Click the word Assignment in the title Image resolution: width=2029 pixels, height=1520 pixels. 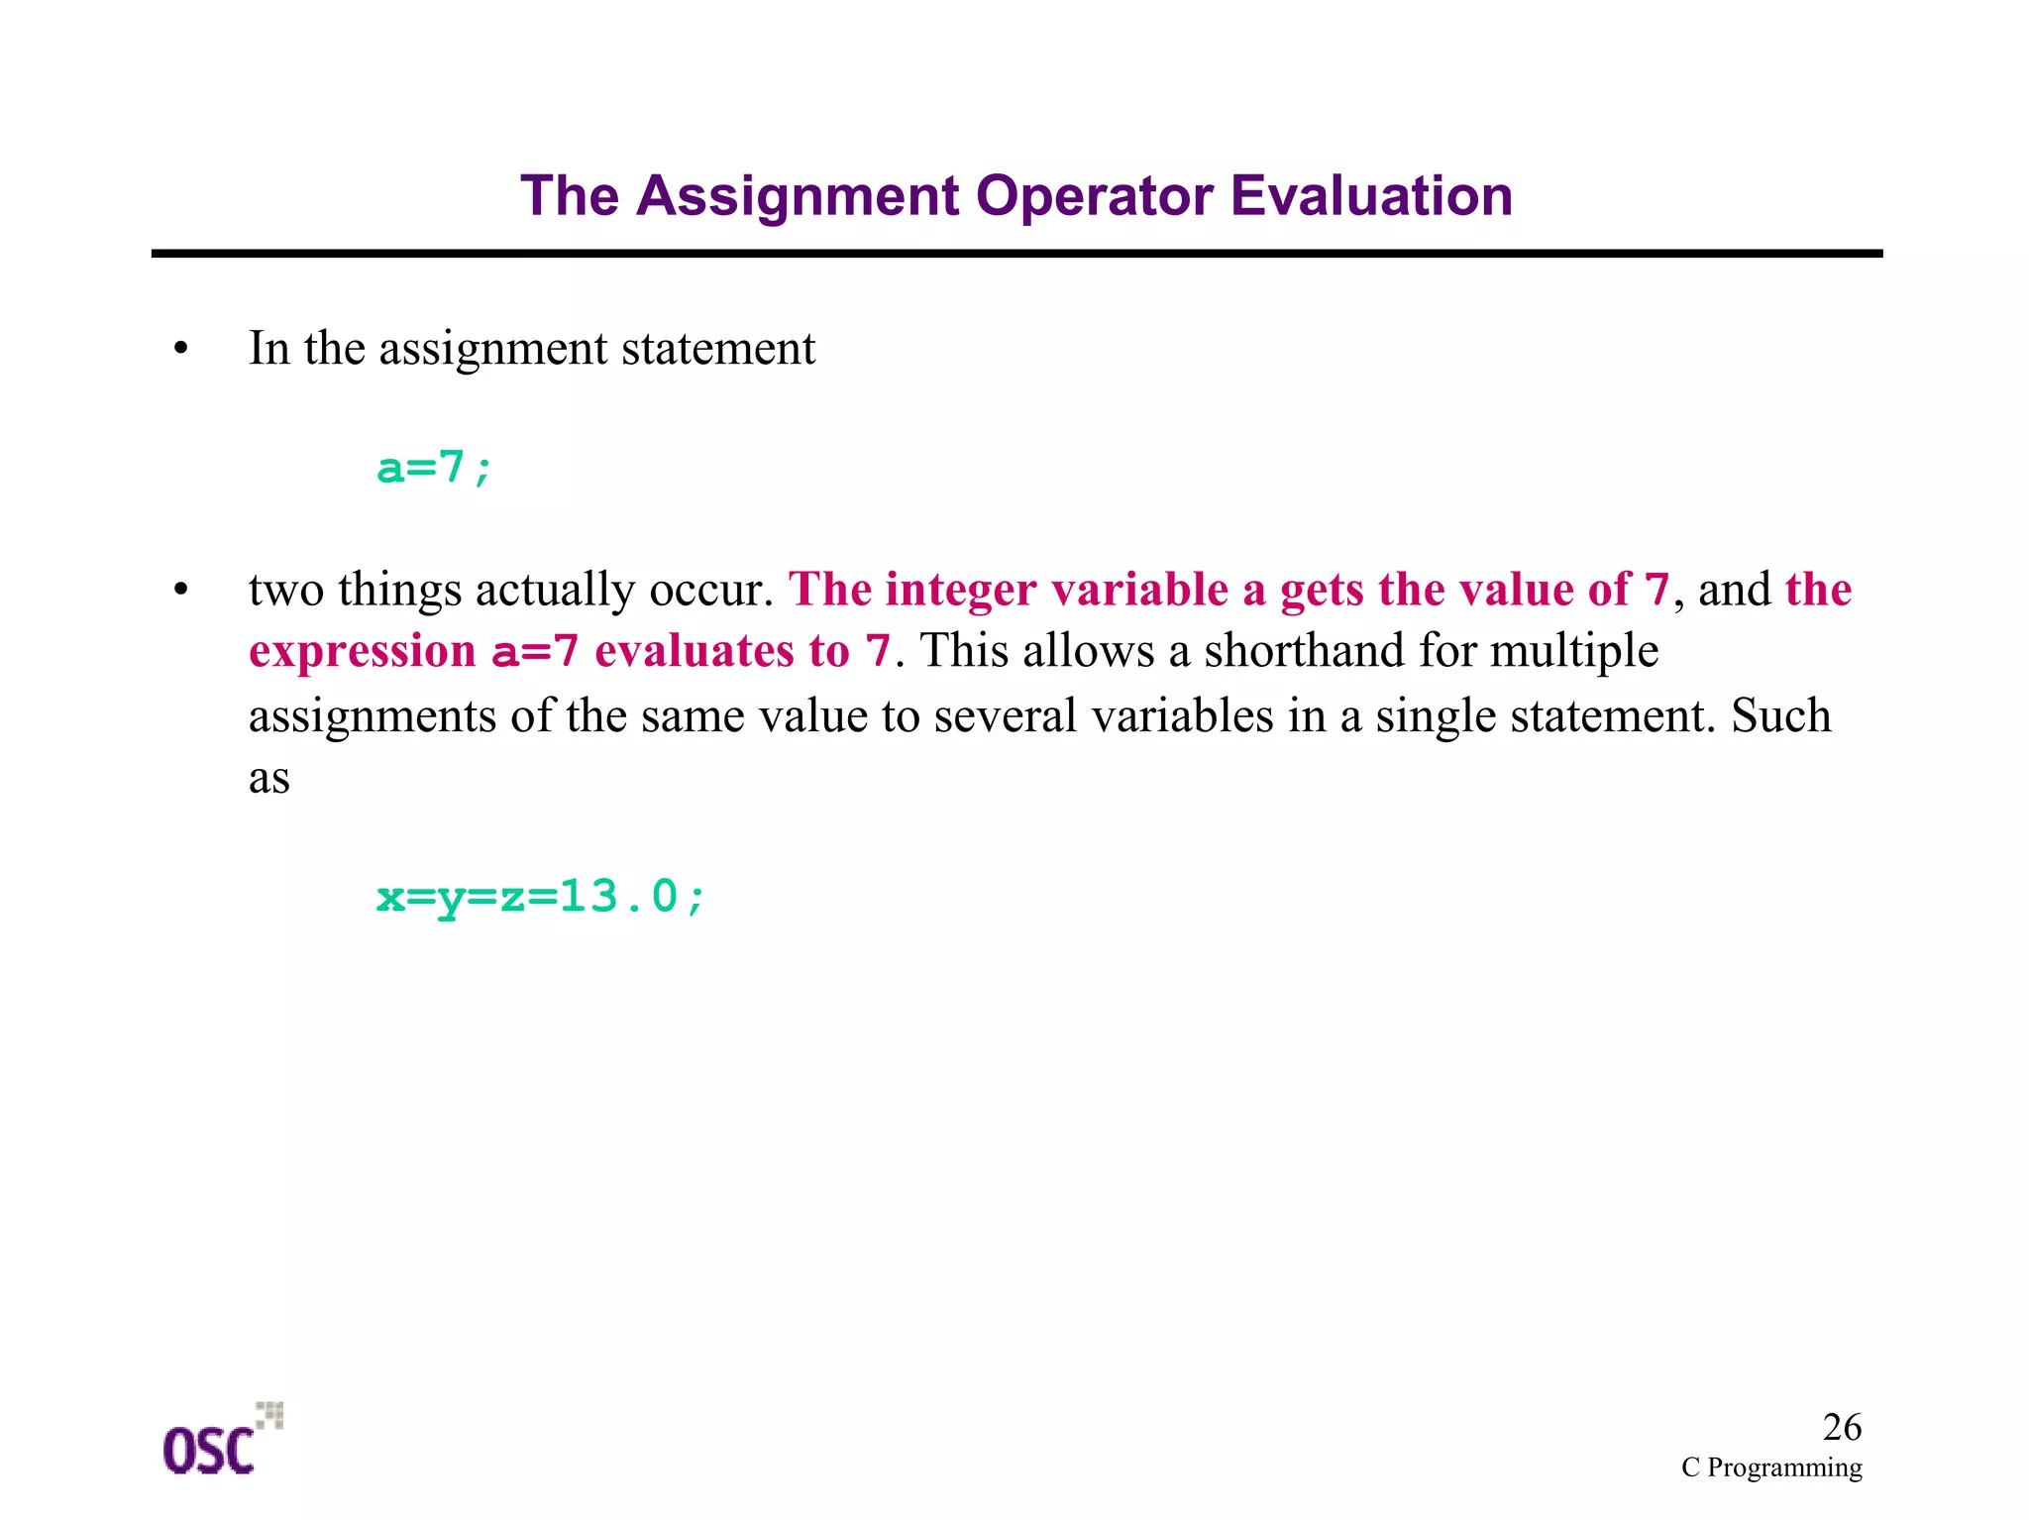point(797,196)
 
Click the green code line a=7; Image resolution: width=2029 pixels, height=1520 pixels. point(434,468)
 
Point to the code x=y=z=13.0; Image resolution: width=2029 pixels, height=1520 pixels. point(541,898)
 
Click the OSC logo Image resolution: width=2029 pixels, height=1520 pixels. point(220,1442)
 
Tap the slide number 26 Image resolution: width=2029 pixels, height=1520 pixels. point(1841,1428)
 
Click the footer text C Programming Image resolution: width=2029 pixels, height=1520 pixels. point(1770,1467)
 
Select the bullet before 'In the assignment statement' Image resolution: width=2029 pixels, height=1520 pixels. point(180,350)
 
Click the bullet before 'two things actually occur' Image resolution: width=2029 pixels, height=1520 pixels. point(180,592)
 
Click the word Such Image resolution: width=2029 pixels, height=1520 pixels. point(1780,715)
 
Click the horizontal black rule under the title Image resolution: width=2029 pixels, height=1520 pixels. point(1016,255)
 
